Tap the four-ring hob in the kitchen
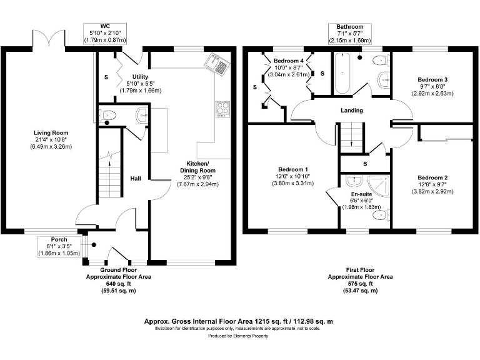pyautogui.click(x=222, y=108)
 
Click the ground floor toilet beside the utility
pyautogui.click(x=108, y=115)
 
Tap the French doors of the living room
pyautogui.click(x=49, y=38)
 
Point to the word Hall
pyautogui.click(x=135, y=179)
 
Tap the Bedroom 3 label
pyautogui.click(x=432, y=80)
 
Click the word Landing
pyautogui.click(x=351, y=111)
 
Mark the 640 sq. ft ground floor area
pyautogui.click(x=117, y=283)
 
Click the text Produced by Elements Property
pyautogui.click(x=239, y=336)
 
